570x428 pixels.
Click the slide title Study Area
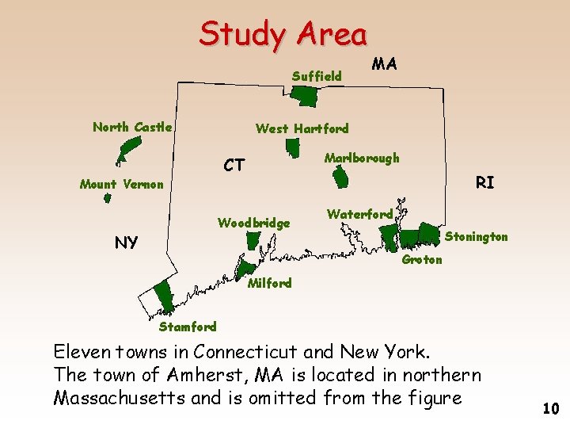click(x=283, y=34)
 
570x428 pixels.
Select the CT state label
click(x=234, y=166)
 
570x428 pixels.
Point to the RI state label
click(x=484, y=182)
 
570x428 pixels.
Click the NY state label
click(x=127, y=242)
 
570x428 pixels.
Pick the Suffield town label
click(x=317, y=77)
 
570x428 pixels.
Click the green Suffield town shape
click(x=304, y=96)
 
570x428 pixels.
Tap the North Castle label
click(x=132, y=127)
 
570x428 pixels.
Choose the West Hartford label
click(x=302, y=128)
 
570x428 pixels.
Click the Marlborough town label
click(x=362, y=158)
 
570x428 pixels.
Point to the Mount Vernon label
click(x=121, y=185)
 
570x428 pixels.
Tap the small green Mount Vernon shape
click(x=108, y=199)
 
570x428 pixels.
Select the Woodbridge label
click(x=253, y=223)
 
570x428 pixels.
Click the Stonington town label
click(x=476, y=236)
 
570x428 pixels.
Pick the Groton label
click(x=422, y=259)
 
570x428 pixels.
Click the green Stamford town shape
click(x=165, y=296)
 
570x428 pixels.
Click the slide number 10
click(x=551, y=408)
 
